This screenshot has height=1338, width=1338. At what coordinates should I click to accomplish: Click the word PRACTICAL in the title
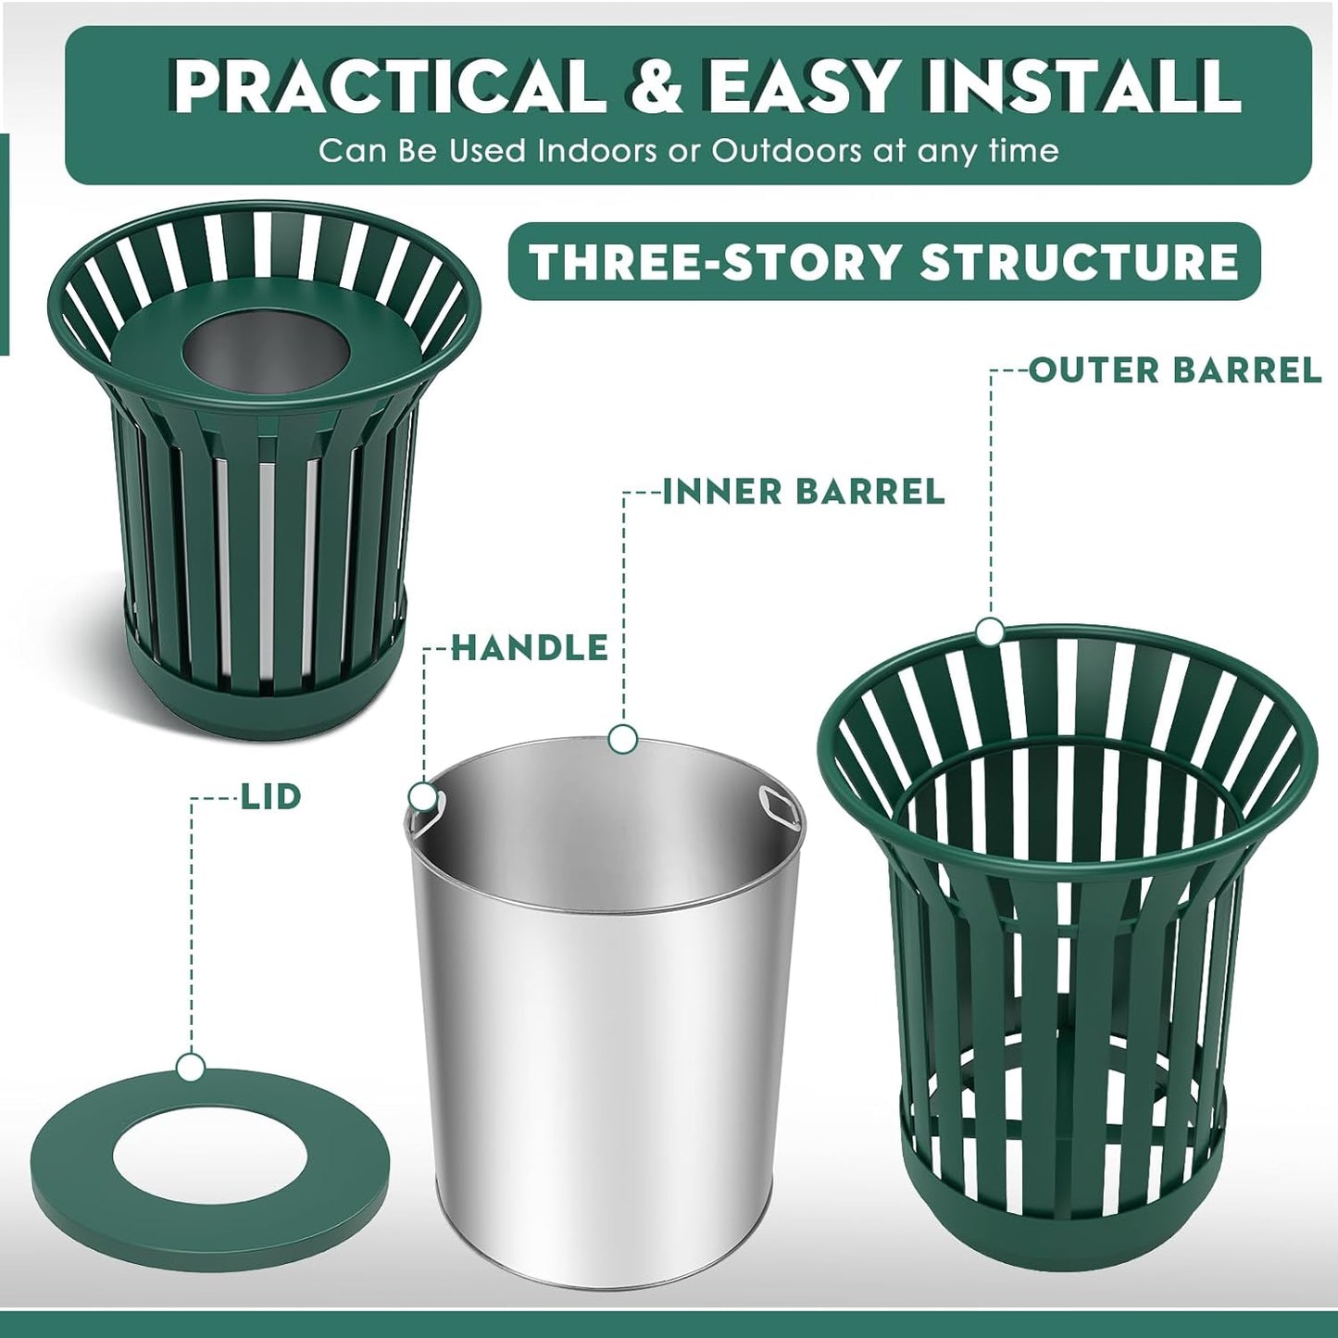[387, 88]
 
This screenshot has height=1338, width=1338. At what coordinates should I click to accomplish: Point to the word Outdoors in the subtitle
[785, 151]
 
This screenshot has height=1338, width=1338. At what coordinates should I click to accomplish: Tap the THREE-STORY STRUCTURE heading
[883, 262]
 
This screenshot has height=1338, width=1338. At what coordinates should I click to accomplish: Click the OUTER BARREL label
[1175, 370]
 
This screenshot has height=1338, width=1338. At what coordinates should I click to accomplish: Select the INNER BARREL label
[804, 492]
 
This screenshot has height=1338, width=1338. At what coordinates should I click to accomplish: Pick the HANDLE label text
[530, 648]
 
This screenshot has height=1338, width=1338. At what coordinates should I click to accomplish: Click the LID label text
[271, 796]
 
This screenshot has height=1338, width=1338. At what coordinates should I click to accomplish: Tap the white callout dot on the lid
[192, 1067]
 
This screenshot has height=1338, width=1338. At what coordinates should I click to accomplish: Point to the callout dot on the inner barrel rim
[623, 738]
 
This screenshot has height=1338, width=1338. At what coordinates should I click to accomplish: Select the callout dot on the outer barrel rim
[990, 631]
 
